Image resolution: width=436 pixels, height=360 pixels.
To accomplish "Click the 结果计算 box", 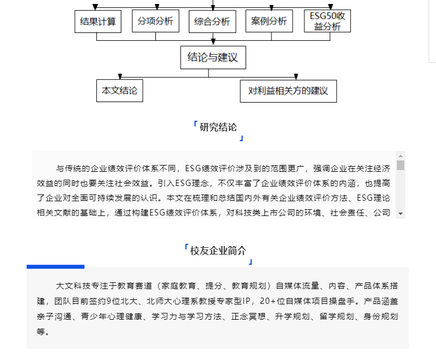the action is (98, 22).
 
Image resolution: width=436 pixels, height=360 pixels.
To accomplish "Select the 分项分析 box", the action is (155, 21).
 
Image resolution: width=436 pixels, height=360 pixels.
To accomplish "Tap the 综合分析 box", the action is (213, 22).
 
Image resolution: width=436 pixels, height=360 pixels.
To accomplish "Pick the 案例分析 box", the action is (269, 21).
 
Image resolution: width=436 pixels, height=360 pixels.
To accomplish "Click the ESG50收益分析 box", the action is (327, 21).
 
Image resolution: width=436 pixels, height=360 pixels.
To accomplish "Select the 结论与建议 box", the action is (213, 57).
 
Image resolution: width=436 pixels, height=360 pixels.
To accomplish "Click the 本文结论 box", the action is (120, 91).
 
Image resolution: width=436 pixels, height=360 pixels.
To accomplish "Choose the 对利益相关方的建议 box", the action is (289, 91).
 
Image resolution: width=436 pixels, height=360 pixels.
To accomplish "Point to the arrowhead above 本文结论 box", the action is (120, 77).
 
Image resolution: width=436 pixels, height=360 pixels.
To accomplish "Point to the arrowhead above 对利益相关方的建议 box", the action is (296, 77).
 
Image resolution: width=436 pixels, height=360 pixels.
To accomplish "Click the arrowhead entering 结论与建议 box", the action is (213, 42).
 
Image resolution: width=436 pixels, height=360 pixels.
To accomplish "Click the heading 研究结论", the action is (218, 128).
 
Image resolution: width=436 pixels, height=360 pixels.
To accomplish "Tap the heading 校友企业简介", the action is (218, 251).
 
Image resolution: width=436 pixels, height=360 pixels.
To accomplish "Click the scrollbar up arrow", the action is (400, 156).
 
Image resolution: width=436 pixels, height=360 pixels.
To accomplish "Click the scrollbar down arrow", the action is (400, 214).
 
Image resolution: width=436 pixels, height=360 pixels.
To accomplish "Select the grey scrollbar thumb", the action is (400, 165).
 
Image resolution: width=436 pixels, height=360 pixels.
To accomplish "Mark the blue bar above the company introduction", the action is (56, 266).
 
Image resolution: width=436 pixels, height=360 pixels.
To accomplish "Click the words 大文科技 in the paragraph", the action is (73, 286).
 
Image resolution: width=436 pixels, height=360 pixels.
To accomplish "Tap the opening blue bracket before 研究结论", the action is (196, 124).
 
